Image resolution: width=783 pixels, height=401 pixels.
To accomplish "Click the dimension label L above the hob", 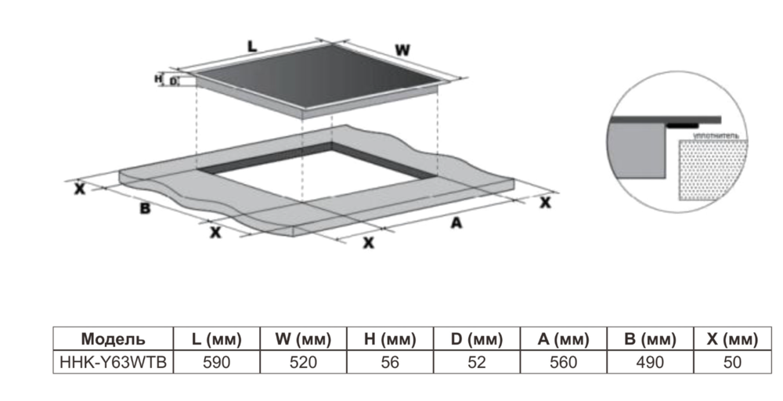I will [252, 47].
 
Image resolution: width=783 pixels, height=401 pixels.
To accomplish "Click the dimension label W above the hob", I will [402, 50].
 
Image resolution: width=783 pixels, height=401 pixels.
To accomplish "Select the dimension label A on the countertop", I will [454, 223].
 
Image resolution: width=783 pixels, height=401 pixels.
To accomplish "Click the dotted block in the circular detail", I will [708, 169].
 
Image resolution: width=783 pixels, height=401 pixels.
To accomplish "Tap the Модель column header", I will [113, 339].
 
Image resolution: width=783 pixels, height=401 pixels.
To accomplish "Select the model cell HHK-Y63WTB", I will [113, 362].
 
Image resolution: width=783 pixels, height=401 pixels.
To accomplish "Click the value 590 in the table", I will [216, 362].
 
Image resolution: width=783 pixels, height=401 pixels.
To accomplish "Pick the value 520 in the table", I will [304, 362].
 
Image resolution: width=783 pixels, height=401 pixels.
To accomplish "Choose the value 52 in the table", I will [476, 362].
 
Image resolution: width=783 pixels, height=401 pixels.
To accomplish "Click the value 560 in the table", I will [562, 362].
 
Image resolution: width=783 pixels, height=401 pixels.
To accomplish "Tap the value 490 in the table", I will [649, 362].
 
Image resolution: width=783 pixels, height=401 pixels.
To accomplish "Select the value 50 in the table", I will [732, 362].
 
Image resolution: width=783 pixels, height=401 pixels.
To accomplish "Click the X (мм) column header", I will [732, 339].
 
